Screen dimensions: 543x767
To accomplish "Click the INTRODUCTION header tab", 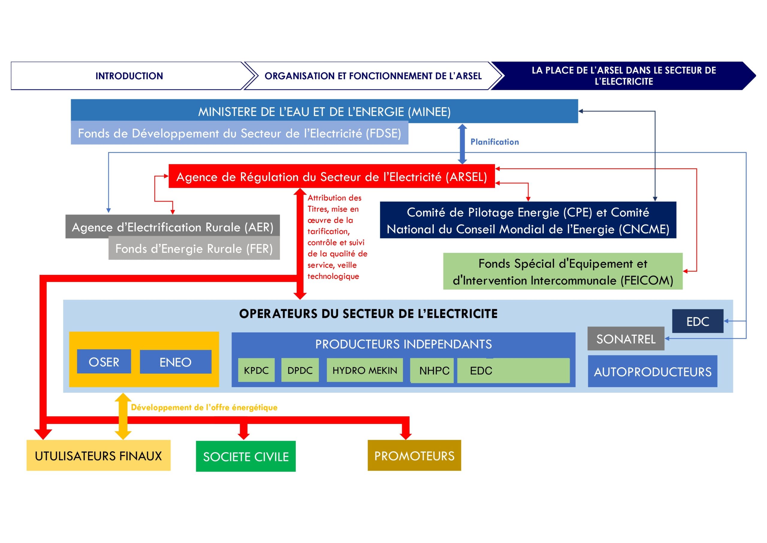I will pos(129,76).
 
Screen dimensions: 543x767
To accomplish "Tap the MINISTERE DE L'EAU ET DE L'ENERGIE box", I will pos(324,111).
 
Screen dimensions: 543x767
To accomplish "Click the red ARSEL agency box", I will pos(331,177).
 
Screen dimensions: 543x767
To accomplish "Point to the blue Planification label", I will pos(494,142).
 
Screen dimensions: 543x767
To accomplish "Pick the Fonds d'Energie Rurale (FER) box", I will pos(194,249).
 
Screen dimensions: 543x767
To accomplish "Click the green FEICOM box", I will pos(563,272).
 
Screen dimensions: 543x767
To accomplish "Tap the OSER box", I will pos(104,362).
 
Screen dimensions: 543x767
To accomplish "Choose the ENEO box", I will pos(175,362).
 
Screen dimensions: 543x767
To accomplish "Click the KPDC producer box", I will pos(256,370).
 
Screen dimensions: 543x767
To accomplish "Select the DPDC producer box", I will pos(300,370).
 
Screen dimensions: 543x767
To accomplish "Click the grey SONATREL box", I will pos(626,339).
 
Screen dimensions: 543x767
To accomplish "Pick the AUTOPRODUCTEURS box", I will pos(653,371).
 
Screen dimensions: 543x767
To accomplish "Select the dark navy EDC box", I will pos(697,321).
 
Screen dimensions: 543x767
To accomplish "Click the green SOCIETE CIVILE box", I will pos(246,456).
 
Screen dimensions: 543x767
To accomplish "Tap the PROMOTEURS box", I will pos(414,456).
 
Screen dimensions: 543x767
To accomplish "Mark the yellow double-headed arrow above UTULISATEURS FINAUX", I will pos(123,416).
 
